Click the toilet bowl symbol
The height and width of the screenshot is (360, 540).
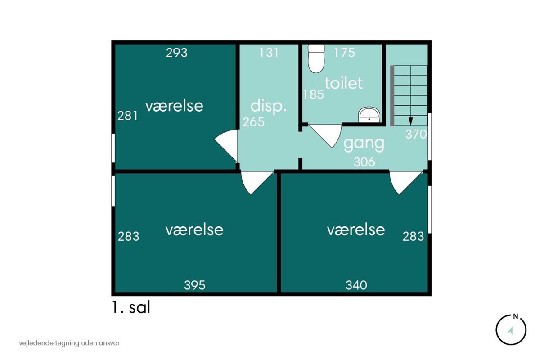315,58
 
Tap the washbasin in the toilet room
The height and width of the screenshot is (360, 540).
369,115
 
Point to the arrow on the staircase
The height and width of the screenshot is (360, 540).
410,119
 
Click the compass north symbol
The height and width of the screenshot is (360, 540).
511,329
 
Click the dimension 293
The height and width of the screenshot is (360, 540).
177,53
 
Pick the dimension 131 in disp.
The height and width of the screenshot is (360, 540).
269,53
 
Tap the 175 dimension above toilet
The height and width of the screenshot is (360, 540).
345,53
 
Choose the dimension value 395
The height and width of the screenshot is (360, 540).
195,285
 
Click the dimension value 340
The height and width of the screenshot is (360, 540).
356,285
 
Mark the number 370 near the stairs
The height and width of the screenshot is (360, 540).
416,134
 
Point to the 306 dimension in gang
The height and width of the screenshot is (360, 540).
364,162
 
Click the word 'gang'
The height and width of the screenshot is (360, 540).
364,144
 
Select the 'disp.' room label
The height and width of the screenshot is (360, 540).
269,107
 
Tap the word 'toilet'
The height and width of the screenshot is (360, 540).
344,83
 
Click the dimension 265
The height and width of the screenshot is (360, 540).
254,122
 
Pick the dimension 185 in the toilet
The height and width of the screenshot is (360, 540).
314,94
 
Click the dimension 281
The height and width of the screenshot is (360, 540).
128,116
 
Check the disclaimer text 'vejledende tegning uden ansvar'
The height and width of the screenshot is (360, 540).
70,343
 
